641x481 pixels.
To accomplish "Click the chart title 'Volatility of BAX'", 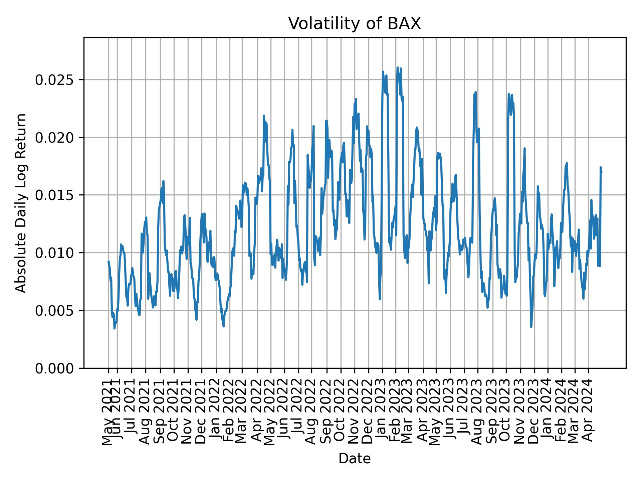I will point(355,24).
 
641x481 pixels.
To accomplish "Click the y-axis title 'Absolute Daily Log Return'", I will point(21,203).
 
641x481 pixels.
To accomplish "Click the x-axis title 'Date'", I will point(355,459).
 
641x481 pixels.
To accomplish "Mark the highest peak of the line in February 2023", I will point(398,67).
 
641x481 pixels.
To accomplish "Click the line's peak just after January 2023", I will point(383,71).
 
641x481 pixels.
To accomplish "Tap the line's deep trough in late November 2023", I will point(531,327).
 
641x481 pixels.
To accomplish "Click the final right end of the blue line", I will point(602,172).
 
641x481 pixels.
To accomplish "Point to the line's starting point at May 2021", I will point(108,261).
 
